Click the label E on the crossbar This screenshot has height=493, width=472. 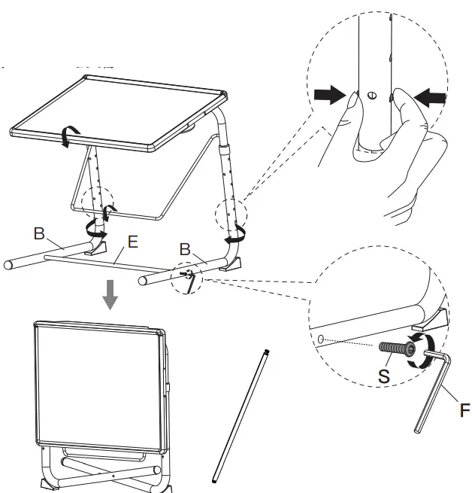pyautogui.click(x=132, y=242)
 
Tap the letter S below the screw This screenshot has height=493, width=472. pyautogui.click(x=383, y=375)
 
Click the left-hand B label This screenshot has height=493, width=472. pyautogui.click(x=38, y=233)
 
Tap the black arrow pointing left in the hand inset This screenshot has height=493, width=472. pyautogui.click(x=429, y=97)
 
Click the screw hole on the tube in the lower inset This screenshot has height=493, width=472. pyautogui.click(x=321, y=340)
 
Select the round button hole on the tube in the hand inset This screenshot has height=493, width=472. pyautogui.click(x=373, y=95)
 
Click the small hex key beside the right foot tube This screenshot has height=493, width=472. pyautogui.click(x=191, y=282)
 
